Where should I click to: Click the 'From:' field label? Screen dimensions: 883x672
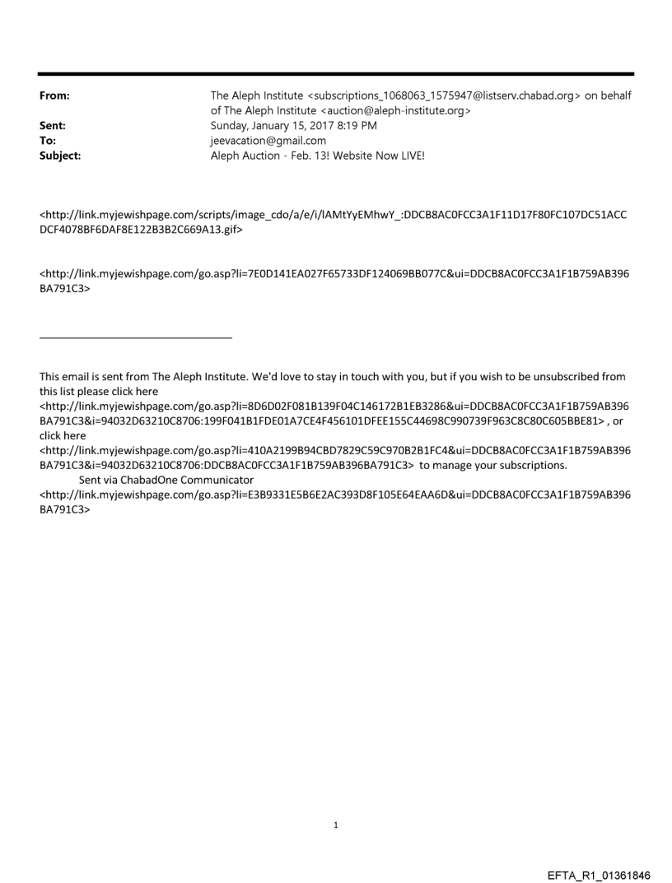click(54, 96)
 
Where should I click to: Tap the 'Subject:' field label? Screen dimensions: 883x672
click(60, 155)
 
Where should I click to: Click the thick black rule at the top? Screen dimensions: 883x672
click(336, 74)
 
